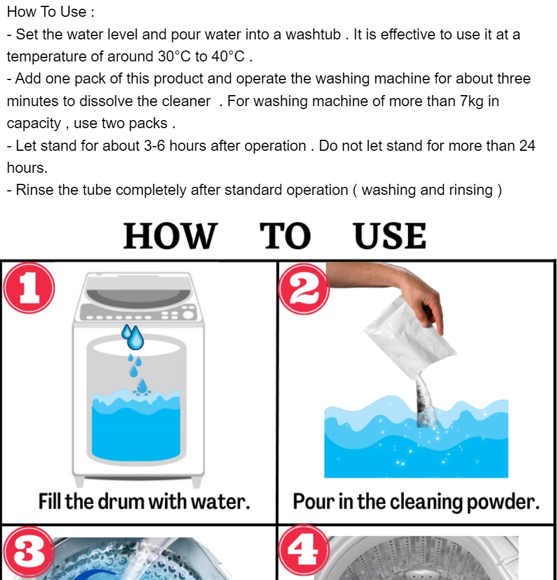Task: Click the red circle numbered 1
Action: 29,288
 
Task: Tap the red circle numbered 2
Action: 304,289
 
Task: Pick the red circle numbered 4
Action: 304,551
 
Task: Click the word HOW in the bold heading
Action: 170,235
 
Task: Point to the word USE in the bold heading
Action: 390,235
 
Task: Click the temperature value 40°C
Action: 228,57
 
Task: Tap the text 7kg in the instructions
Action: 472,101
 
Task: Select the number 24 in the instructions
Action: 527,146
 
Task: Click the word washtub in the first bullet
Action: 313,34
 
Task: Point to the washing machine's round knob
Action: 189,315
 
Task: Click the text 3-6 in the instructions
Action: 155,146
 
